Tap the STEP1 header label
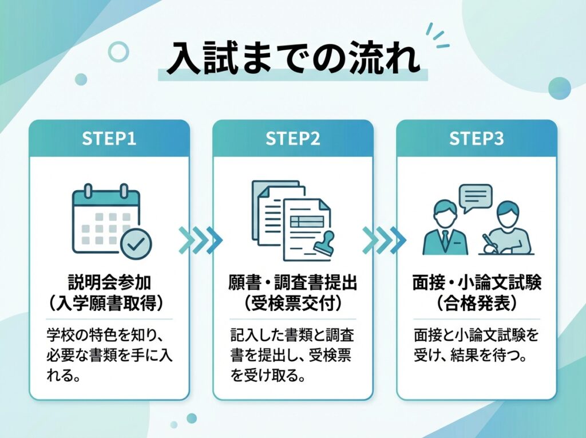click(109, 139)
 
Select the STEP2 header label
click(293, 139)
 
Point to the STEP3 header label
click(477, 139)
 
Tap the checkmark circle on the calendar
click(136, 244)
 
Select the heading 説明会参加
click(109, 283)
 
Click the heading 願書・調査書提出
click(293, 283)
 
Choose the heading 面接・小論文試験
click(477, 283)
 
